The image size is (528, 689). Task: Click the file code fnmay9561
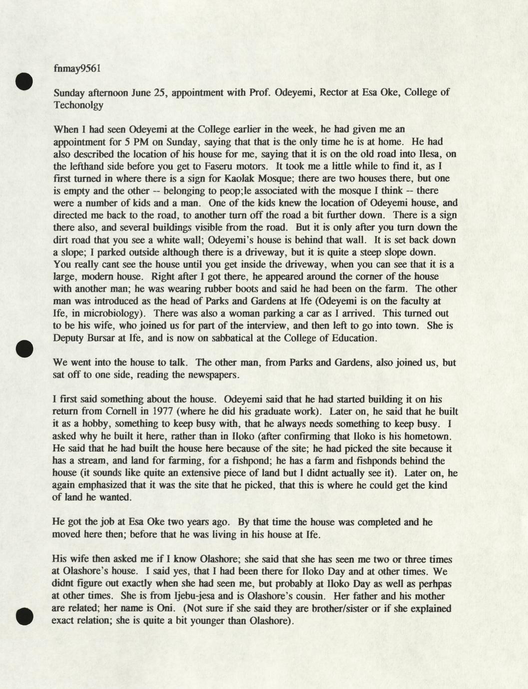[x=77, y=69]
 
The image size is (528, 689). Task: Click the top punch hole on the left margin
[x=23, y=81]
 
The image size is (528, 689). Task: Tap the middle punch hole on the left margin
[x=23, y=348]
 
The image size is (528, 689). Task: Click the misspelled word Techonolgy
[x=78, y=105]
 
